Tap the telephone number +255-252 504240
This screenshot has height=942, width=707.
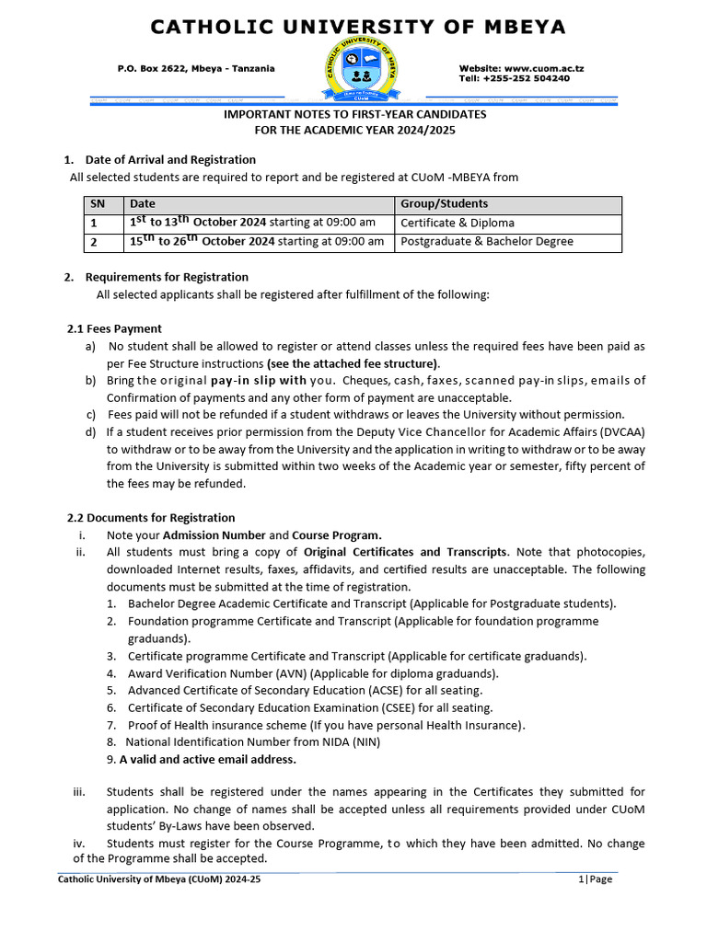(527, 79)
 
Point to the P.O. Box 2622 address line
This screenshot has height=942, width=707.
(196, 69)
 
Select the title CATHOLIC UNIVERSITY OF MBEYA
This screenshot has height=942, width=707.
(358, 28)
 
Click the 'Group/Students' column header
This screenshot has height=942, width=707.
(444, 203)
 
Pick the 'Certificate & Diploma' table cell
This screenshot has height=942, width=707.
(458, 223)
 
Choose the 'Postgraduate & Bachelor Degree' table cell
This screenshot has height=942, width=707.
(486, 242)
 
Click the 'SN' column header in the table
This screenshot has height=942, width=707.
(98, 203)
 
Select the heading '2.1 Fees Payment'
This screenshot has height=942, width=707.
(114, 328)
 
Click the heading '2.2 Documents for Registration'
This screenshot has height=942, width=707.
(151, 518)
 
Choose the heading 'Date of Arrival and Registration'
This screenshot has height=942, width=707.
(170, 160)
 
